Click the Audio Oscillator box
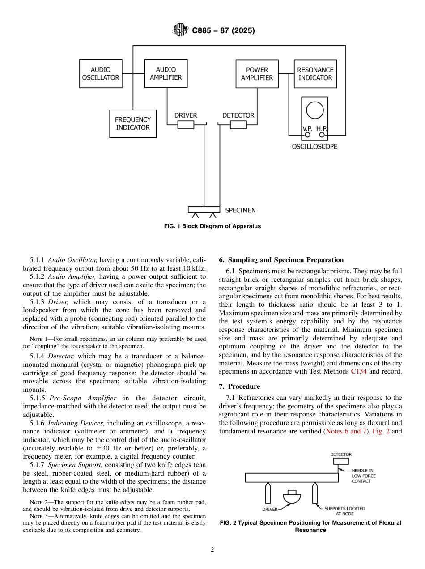click(101, 74)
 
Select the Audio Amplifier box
click(166, 74)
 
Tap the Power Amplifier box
click(257, 74)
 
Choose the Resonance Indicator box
click(315, 74)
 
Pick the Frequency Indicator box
click(133, 123)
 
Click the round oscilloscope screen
click(314, 110)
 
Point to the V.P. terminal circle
click(308, 134)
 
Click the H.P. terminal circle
click(322, 134)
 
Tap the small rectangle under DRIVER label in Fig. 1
click(186, 125)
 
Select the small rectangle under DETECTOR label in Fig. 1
click(238, 125)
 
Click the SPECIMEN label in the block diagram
click(240, 210)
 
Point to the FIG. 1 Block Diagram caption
click(212, 226)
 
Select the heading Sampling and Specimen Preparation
click(281, 260)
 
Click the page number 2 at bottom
click(212, 550)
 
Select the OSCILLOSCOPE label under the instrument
click(314, 147)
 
